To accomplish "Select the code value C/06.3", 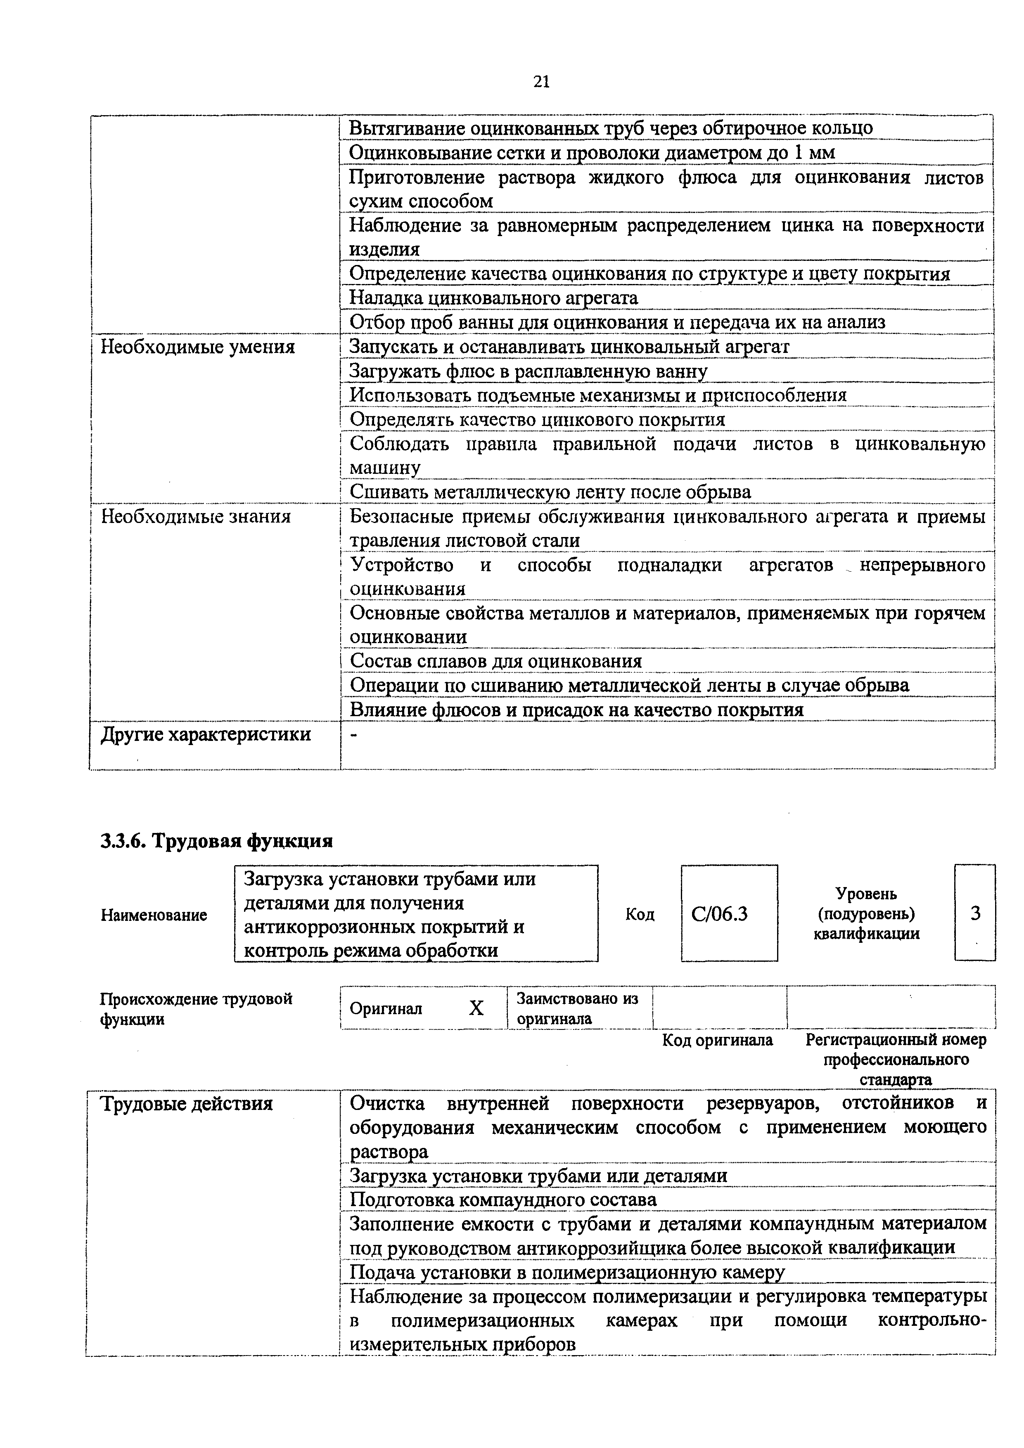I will tap(719, 914).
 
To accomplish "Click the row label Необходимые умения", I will tap(197, 347).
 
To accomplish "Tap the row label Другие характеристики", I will tap(206, 734).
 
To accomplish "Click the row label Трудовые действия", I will tap(187, 1104).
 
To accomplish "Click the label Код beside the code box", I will tap(639, 914).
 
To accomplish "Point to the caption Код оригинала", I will tap(717, 1040).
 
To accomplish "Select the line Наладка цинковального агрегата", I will tap(493, 298).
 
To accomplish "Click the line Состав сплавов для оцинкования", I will tap(496, 661).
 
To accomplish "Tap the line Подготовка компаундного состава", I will tap(503, 1199).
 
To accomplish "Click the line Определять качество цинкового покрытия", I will tap(537, 419).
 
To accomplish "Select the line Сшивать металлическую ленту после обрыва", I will tap(550, 492).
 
